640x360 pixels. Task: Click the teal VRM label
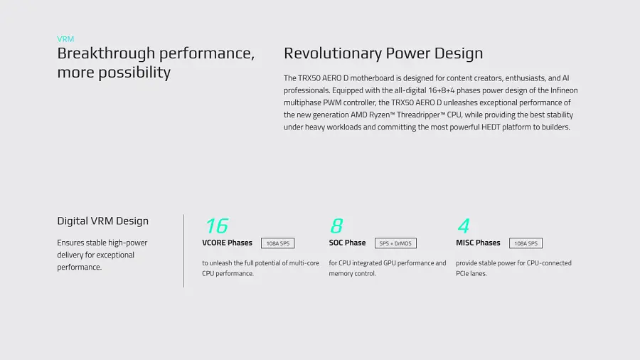click(x=65, y=39)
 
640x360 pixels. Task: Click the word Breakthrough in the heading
click(x=106, y=53)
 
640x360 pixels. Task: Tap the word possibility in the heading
click(x=134, y=73)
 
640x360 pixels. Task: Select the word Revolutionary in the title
click(x=333, y=53)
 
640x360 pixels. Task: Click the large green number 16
click(x=217, y=226)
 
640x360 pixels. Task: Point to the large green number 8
click(x=337, y=226)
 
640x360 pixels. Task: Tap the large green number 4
click(x=464, y=226)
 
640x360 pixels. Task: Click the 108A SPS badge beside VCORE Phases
click(x=277, y=243)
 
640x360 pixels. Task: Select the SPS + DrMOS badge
click(x=395, y=243)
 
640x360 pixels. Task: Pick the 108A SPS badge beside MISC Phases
click(x=526, y=243)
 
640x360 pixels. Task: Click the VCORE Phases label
click(x=227, y=243)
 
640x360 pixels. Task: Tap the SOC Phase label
click(x=347, y=243)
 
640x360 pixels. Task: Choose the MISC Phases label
click(x=478, y=243)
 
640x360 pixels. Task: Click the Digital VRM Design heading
click(x=103, y=221)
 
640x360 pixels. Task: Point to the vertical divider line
click(x=183, y=251)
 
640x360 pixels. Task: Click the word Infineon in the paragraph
click(x=564, y=90)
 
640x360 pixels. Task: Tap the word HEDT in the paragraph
click(x=491, y=127)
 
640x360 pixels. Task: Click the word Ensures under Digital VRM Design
click(x=70, y=243)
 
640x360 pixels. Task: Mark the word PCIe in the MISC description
click(x=463, y=273)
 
